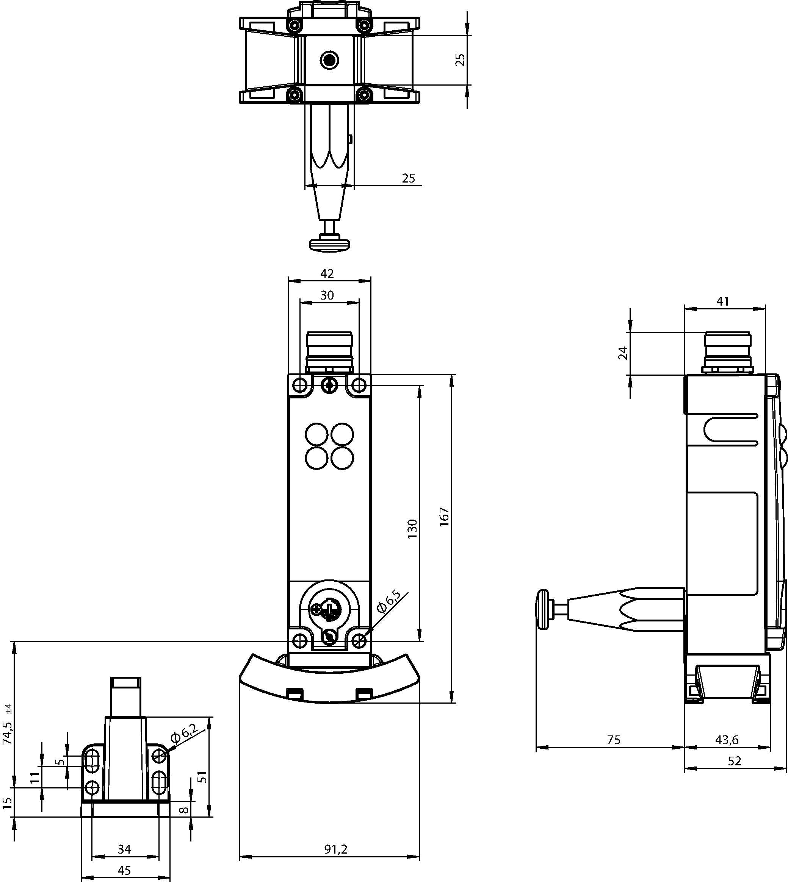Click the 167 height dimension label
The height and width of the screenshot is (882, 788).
[445, 517]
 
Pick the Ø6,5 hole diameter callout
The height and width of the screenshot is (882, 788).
[389, 601]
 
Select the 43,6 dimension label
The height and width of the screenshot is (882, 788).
[727, 752]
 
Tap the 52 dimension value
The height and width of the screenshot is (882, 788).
[735, 773]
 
